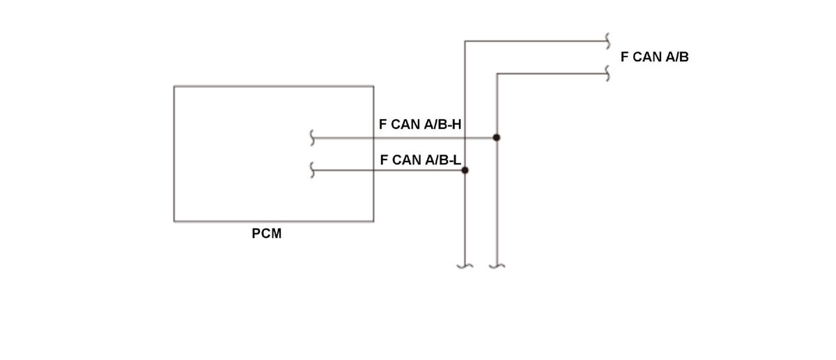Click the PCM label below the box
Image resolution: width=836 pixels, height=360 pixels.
[267, 234]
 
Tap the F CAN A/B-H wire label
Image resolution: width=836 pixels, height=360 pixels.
[420, 125]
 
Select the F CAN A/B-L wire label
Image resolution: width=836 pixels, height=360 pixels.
[420, 160]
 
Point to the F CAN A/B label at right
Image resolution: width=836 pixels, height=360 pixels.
[654, 57]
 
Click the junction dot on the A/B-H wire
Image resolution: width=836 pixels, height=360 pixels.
[497, 138]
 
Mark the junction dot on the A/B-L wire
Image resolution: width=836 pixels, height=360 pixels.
[465, 170]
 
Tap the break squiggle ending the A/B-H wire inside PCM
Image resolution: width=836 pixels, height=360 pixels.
[313, 138]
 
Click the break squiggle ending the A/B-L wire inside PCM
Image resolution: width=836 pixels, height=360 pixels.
[313, 170]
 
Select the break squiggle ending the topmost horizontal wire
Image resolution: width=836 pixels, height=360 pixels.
[609, 40]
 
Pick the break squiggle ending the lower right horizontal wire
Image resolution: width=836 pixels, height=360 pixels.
[609, 73]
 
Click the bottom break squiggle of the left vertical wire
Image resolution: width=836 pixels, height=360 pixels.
[465, 265]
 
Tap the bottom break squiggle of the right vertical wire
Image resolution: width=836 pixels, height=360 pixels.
[497, 265]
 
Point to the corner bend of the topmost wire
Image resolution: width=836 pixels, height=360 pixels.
[465, 41]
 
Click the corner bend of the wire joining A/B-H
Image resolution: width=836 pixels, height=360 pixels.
[497, 73]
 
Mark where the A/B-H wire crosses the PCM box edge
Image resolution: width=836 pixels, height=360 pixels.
[373, 138]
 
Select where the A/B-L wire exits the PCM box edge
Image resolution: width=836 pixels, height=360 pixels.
[373, 170]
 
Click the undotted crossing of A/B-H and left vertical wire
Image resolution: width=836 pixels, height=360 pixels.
[465, 138]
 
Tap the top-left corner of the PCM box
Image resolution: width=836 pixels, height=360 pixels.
[174, 86]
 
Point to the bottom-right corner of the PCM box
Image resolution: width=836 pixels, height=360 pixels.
[373, 221]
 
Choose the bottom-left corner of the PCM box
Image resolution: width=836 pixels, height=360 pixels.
[174, 221]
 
